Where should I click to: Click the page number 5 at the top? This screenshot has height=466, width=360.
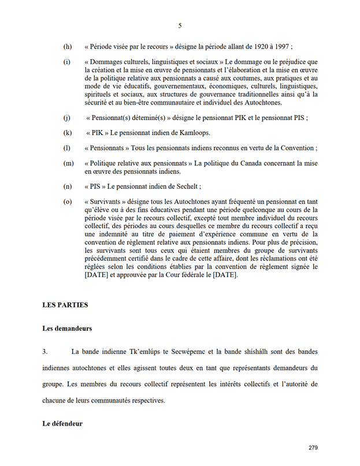pyautogui.click(x=180, y=25)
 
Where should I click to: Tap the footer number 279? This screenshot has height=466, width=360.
pyautogui.click(x=314, y=448)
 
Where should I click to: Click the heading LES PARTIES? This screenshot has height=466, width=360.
pyautogui.click(x=65, y=304)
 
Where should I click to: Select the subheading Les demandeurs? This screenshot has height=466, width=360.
pyautogui.click(x=67, y=328)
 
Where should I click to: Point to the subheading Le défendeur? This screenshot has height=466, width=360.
pyautogui.click(x=62, y=423)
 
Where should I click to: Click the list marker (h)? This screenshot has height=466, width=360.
pyautogui.click(x=68, y=46)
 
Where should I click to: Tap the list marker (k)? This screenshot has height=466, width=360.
pyautogui.click(x=68, y=133)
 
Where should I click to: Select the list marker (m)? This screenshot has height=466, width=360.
pyautogui.click(x=68, y=164)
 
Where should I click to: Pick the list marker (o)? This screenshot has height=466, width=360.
pyautogui.click(x=68, y=202)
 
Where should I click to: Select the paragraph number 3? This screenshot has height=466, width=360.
pyautogui.click(x=44, y=351)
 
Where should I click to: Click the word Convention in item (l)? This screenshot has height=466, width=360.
pyautogui.click(x=296, y=148)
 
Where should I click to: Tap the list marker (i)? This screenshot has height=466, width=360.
pyautogui.click(x=67, y=62)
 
